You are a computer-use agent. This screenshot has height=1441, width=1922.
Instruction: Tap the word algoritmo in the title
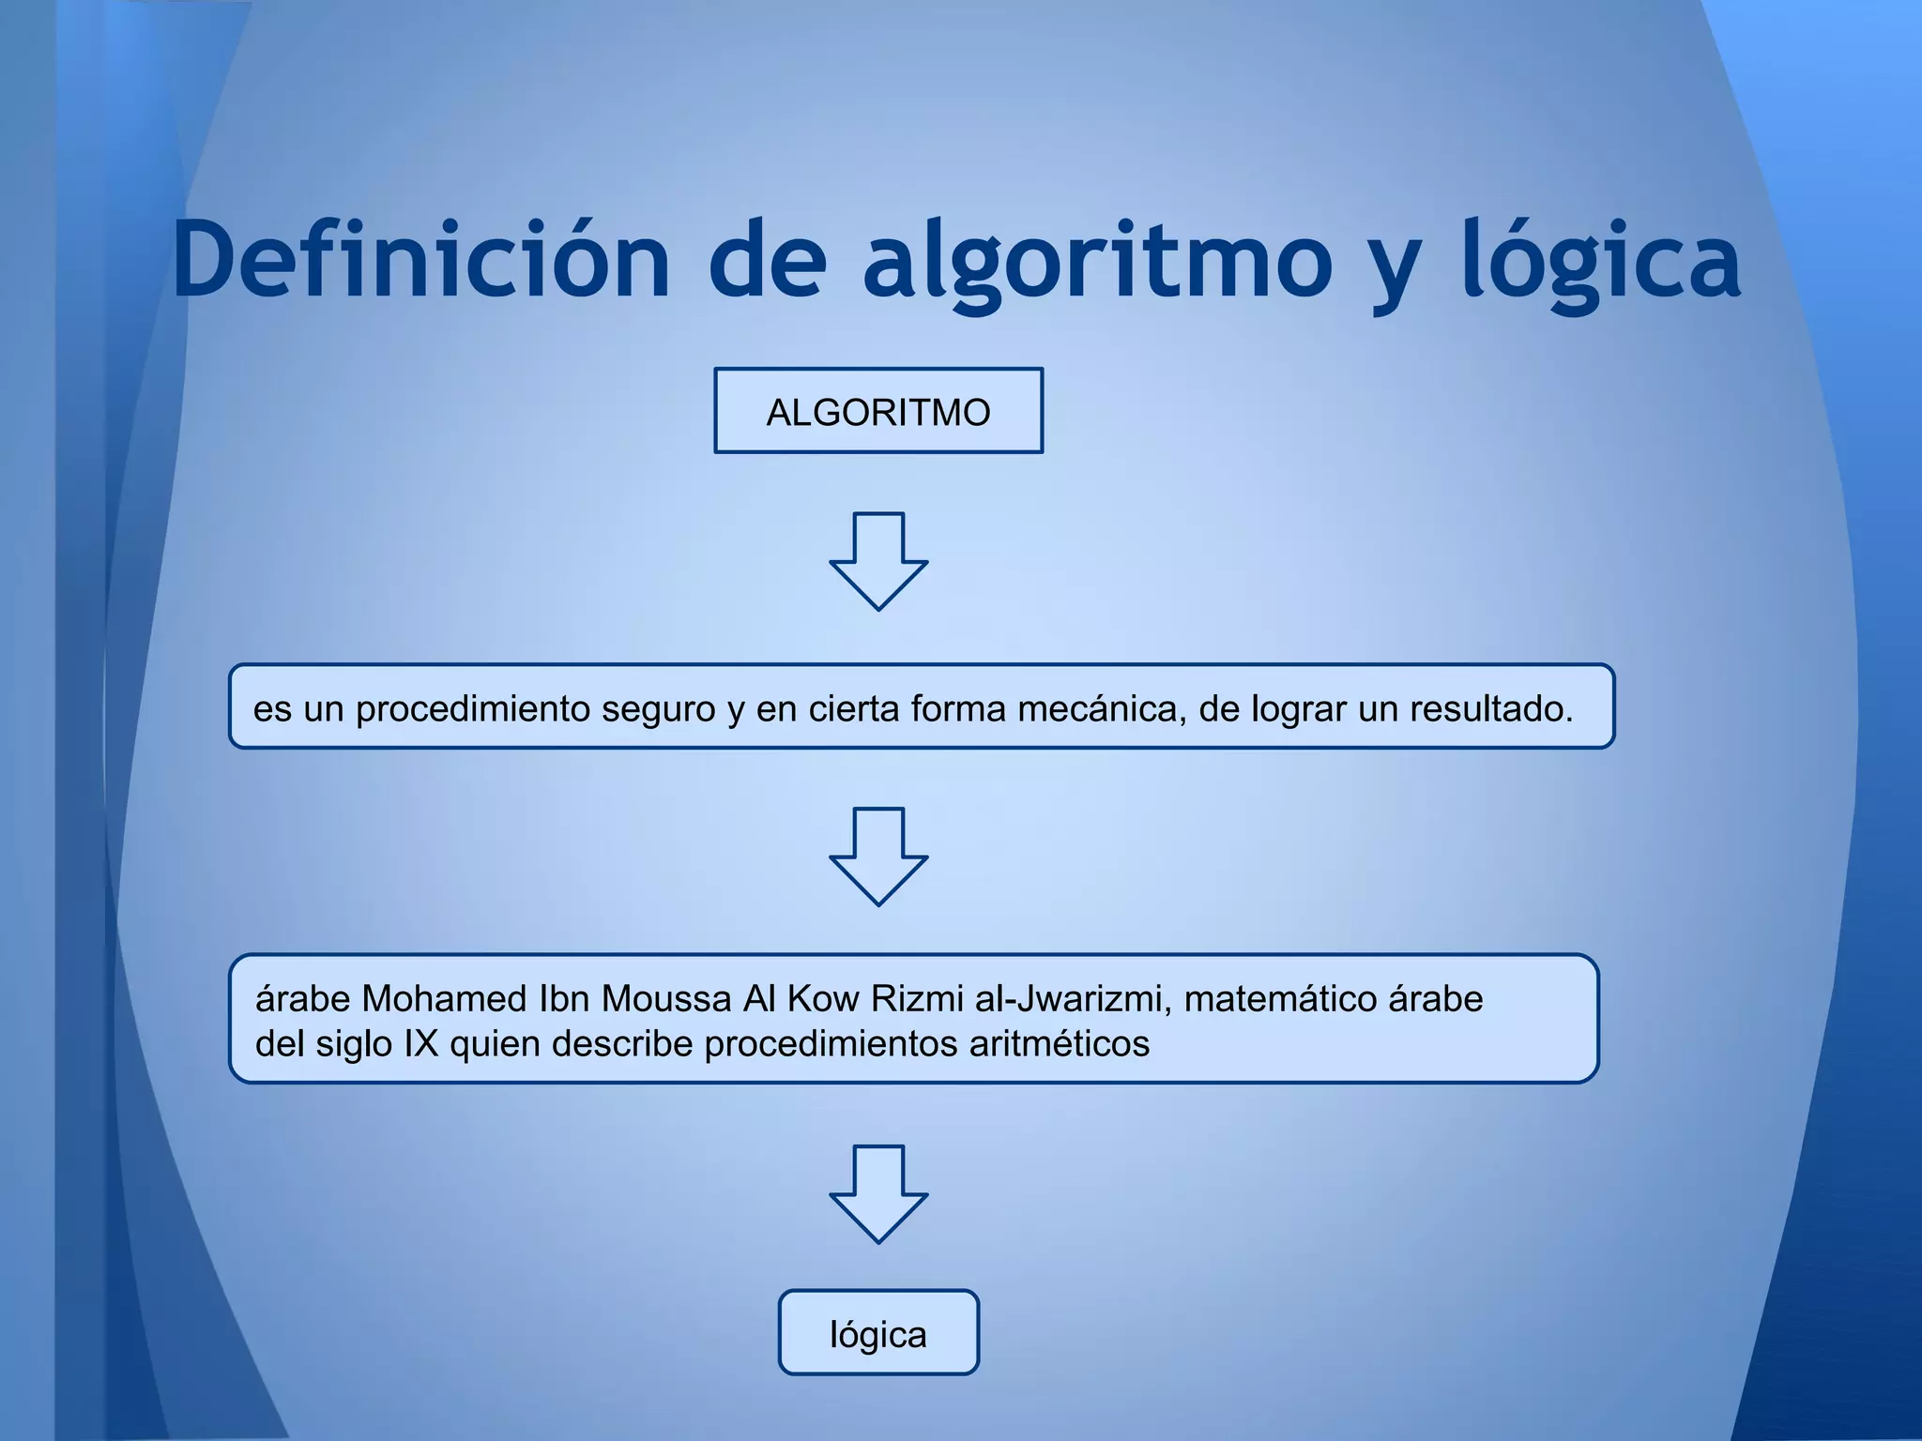(x=1097, y=261)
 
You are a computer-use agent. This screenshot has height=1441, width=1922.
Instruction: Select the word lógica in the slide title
(x=1601, y=261)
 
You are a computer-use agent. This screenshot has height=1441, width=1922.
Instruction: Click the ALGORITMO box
(x=877, y=411)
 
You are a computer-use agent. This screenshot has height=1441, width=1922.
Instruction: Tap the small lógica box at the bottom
(x=878, y=1333)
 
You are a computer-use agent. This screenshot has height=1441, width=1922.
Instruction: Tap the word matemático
(x=1280, y=999)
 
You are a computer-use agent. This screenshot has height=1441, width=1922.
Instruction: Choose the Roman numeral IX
(x=421, y=1044)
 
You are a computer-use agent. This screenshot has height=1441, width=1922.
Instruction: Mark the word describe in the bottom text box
(x=622, y=1044)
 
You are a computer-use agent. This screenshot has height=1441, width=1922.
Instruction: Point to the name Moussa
(x=665, y=999)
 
